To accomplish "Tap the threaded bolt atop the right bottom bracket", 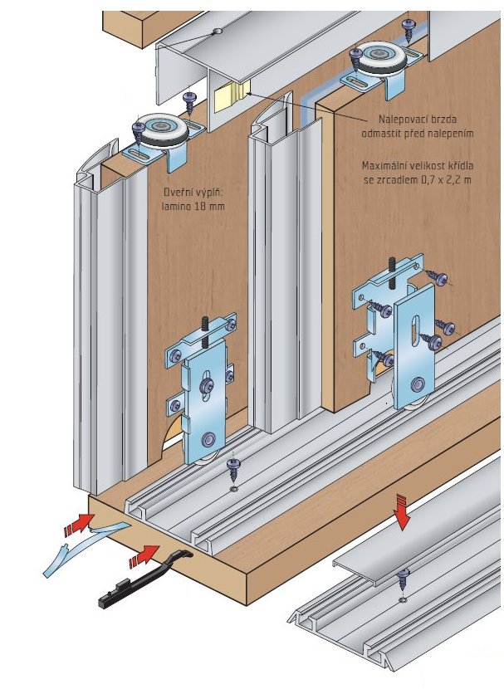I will pos(389,271).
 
